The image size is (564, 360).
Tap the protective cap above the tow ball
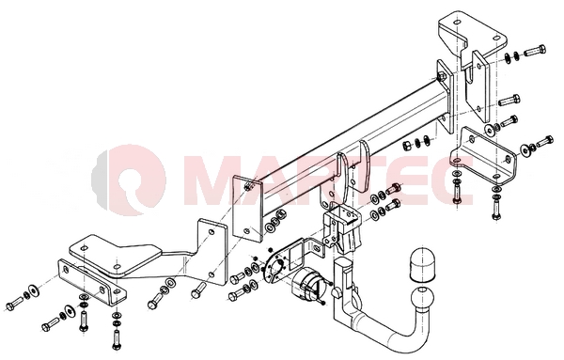(x=422, y=263)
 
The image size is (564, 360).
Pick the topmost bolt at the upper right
(x=535, y=50)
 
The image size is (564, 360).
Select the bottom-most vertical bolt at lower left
(x=117, y=339)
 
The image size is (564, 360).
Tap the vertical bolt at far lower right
(x=496, y=210)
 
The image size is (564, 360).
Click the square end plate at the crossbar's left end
(x=247, y=210)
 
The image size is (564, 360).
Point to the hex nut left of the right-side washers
(x=407, y=145)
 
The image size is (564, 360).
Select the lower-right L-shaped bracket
(x=484, y=155)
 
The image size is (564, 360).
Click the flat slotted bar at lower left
(x=92, y=282)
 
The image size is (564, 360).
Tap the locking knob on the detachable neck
(x=337, y=293)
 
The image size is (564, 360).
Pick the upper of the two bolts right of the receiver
(x=394, y=188)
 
